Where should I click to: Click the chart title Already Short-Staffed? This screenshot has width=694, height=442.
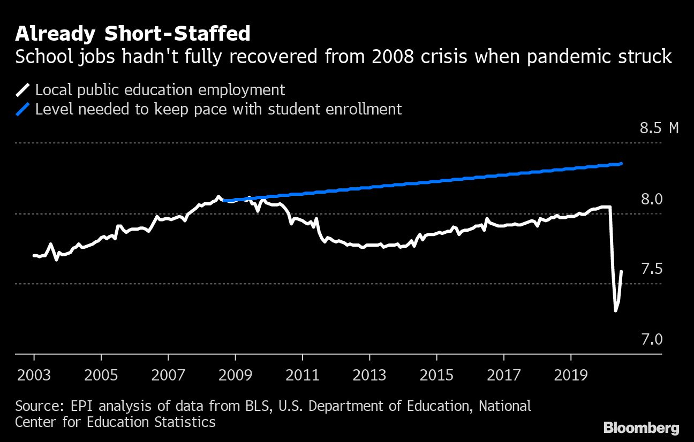pos(133,34)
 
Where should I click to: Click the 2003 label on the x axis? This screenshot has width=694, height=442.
pos(34,374)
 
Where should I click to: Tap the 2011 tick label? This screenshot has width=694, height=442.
pos(302,374)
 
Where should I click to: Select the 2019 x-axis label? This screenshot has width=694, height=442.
pos(570,374)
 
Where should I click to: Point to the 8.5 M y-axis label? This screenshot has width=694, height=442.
pos(659,128)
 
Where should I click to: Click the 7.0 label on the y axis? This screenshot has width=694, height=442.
pos(652,339)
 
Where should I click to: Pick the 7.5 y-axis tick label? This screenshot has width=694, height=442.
pos(652,269)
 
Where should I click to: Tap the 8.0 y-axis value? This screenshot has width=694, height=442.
pos(652,199)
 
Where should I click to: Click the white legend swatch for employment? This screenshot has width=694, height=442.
pos(24,89)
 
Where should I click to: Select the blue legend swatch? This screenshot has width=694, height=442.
pos(24,109)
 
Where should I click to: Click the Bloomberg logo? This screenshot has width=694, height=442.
pos(642,428)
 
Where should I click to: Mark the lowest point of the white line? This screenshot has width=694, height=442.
pos(615,310)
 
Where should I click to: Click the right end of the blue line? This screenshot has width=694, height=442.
pos(621,163)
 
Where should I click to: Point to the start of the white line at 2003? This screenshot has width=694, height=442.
pos(34,255)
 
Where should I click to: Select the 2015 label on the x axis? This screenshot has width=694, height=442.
pos(436,374)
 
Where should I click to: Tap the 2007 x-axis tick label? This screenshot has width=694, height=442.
pos(168,374)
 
